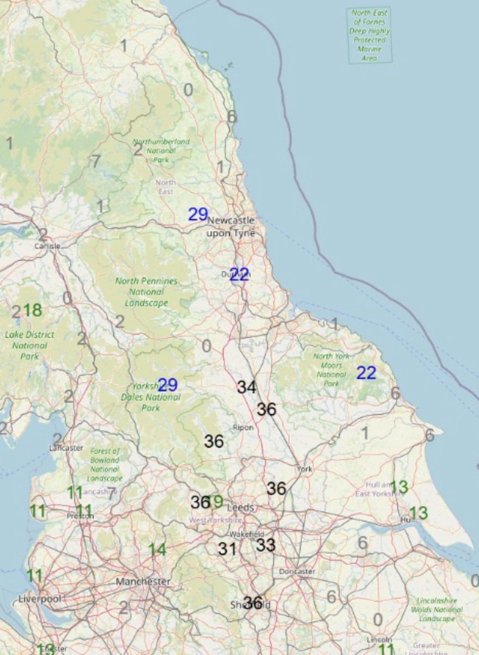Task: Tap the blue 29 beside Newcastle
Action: tap(198, 214)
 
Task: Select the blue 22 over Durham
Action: tap(239, 275)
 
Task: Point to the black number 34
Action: tap(246, 388)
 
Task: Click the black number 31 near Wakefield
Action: tap(227, 549)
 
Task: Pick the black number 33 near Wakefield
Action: tap(266, 544)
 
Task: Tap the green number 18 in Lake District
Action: tap(32, 310)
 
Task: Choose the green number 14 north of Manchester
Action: tap(157, 549)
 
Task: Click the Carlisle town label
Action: tap(47, 246)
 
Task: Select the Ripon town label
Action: tap(243, 427)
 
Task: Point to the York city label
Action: tap(305, 469)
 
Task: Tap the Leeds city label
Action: tap(240, 507)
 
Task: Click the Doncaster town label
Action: tap(297, 571)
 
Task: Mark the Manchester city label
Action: tap(143, 582)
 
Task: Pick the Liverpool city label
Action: tap(38, 598)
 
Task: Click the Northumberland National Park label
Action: tap(161, 151)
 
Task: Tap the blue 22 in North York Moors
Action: tap(366, 373)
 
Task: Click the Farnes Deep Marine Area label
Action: tap(369, 34)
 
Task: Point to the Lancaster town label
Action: tap(66, 448)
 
